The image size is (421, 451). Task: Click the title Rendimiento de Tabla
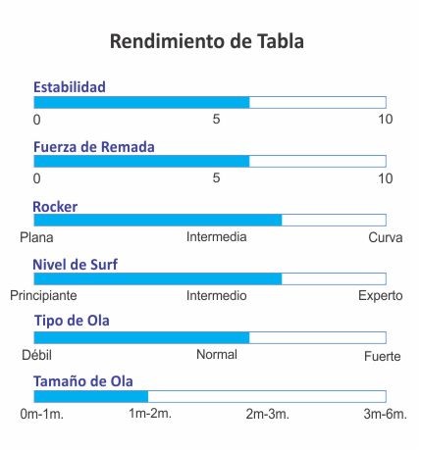coord(207,41)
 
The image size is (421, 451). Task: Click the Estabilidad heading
coord(70,87)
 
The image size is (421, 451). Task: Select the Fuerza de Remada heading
coord(94,147)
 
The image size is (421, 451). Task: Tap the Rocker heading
coord(55,207)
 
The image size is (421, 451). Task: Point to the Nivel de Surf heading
coord(75,265)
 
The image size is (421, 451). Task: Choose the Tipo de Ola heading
coord(72,321)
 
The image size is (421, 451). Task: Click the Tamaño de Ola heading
coord(83,381)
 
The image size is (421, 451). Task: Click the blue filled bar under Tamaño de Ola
coord(91,396)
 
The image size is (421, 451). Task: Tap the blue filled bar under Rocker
coord(158,220)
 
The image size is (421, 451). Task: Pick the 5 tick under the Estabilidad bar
coord(216,119)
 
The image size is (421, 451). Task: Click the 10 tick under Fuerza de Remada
coord(386,178)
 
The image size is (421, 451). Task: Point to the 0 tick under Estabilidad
coord(37,120)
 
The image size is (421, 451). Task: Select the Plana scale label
coord(36,237)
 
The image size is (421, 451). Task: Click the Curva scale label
coord(386,237)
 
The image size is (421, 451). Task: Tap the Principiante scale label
coord(43,296)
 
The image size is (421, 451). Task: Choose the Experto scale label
coord(381,296)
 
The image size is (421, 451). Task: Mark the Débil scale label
coord(36,355)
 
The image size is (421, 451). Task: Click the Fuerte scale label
coord(383,356)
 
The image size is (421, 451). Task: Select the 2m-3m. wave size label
coord(268,414)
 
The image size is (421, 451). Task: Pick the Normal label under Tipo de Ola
coord(217,355)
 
